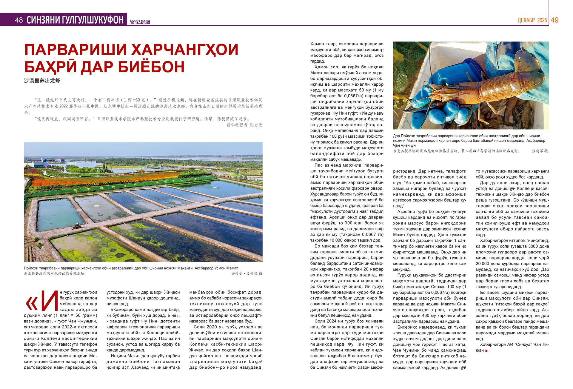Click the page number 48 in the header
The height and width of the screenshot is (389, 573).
click(19, 20)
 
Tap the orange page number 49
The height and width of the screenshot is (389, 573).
click(554, 20)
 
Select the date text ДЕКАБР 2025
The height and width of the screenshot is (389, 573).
click(532, 20)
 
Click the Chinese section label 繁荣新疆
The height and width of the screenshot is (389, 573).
click(140, 22)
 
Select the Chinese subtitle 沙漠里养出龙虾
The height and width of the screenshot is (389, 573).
click(42, 81)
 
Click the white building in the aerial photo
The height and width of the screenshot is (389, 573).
click(40, 163)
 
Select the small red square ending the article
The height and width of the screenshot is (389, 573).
click(486, 350)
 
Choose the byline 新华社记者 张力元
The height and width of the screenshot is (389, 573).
click(244, 125)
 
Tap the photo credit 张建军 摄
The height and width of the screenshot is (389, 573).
click(540, 151)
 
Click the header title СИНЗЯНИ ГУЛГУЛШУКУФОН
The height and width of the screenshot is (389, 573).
click(75, 20)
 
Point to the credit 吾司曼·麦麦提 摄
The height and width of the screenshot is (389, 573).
click(247, 273)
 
